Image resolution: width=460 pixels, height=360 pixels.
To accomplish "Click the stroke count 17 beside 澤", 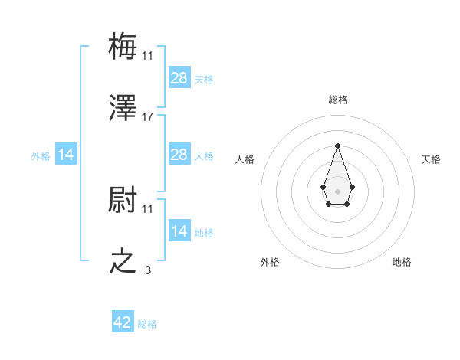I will [148, 117].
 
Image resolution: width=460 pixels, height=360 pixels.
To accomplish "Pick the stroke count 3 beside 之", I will [148, 270].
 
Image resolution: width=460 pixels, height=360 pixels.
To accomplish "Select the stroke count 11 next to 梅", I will [148, 55].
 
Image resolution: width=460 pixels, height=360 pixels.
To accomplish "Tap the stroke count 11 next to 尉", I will [148, 208].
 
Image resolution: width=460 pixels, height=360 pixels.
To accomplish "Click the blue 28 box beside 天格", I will [179, 77].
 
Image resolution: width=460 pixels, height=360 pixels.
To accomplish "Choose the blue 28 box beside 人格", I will [179, 155].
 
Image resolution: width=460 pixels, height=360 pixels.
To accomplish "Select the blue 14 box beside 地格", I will [179, 231].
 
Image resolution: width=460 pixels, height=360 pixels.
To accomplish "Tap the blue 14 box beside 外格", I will [66, 155].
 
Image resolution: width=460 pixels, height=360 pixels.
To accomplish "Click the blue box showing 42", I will [123, 322].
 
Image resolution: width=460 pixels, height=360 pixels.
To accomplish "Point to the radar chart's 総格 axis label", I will [338, 100].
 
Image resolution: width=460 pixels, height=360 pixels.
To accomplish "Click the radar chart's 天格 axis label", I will [431, 159].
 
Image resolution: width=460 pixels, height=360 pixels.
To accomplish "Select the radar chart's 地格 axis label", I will [402, 262].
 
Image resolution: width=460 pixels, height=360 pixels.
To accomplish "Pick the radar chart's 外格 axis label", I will [270, 262].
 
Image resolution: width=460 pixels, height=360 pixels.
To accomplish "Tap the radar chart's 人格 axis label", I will [245, 159].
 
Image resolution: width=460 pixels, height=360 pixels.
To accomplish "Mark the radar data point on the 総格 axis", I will [337, 145].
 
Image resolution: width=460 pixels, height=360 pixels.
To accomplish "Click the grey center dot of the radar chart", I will [337, 190].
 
